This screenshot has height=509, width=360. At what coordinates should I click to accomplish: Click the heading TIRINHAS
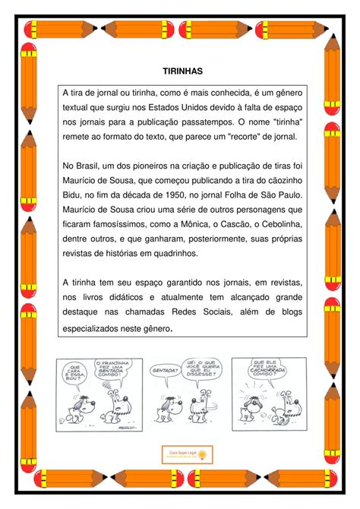point(182,71)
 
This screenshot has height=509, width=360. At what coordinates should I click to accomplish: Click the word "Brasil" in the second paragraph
point(92,165)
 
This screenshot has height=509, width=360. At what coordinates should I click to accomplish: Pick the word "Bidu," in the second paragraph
point(74,194)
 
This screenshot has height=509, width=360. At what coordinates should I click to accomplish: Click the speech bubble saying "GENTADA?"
point(165,372)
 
